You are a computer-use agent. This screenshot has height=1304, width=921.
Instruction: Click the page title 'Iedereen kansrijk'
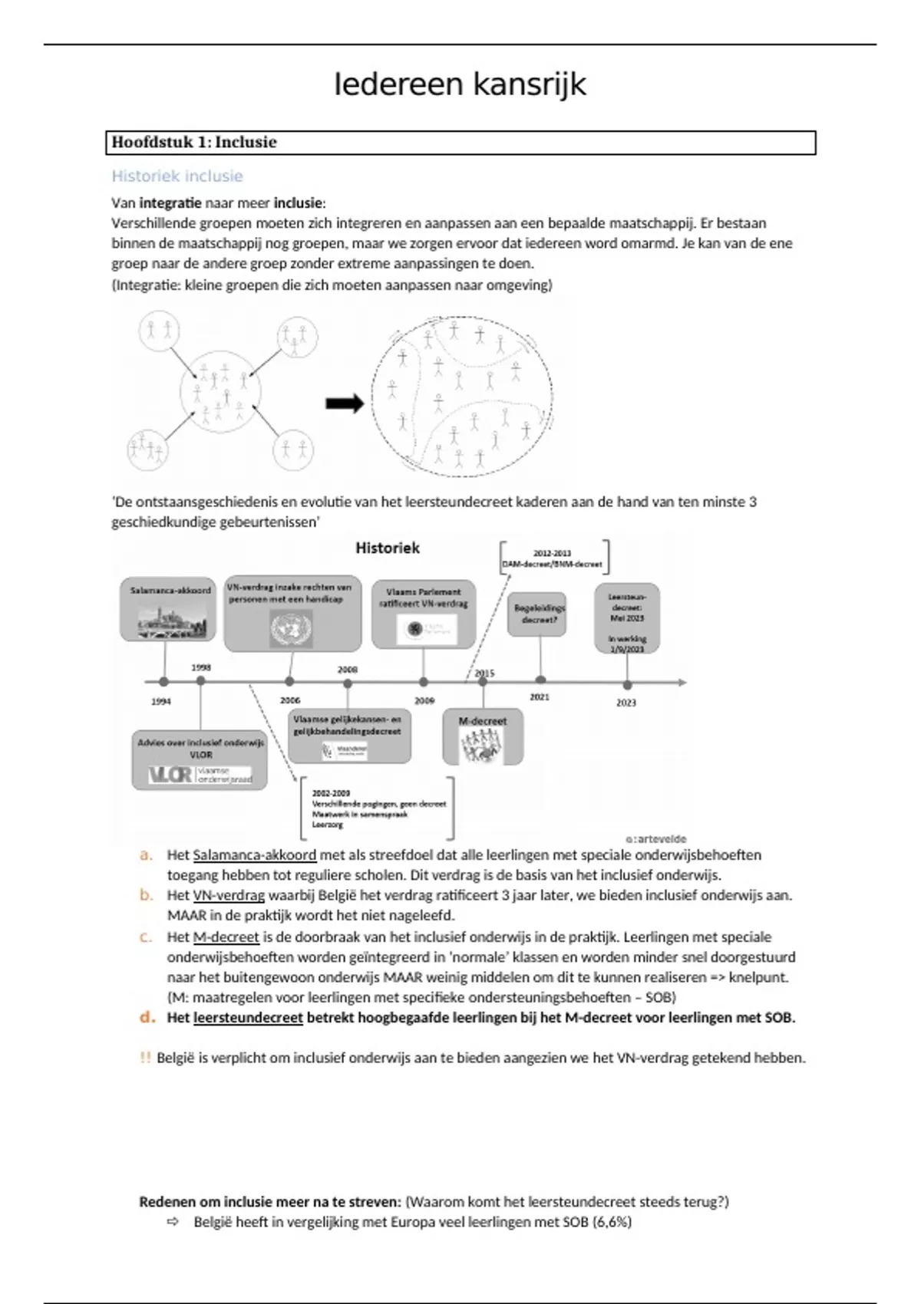click(x=460, y=84)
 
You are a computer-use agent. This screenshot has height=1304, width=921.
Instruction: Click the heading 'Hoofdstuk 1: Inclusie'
click(x=194, y=142)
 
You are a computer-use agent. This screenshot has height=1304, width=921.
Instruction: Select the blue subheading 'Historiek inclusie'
click(x=177, y=176)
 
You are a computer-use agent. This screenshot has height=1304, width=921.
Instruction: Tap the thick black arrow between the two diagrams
click(x=345, y=403)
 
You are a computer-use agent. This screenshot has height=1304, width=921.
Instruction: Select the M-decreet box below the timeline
click(x=484, y=736)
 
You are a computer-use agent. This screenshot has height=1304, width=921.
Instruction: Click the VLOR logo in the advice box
click(x=171, y=775)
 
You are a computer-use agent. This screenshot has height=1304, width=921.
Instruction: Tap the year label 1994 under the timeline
click(x=161, y=701)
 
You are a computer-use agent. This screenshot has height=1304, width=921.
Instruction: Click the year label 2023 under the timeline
click(x=626, y=703)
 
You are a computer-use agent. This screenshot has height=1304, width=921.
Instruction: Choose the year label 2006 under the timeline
click(x=290, y=700)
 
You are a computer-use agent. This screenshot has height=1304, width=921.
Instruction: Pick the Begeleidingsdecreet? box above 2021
click(x=537, y=614)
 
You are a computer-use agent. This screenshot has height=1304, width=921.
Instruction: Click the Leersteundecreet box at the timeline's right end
click(x=627, y=619)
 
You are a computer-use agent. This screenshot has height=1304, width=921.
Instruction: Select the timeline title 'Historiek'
click(x=388, y=548)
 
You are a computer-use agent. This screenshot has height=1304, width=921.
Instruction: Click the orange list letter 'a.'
click(x=146, y=855)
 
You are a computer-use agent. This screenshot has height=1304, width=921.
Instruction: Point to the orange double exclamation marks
click(x=145, y=1058)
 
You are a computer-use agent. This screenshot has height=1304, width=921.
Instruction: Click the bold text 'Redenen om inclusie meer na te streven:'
click(x=269, y=1201)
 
